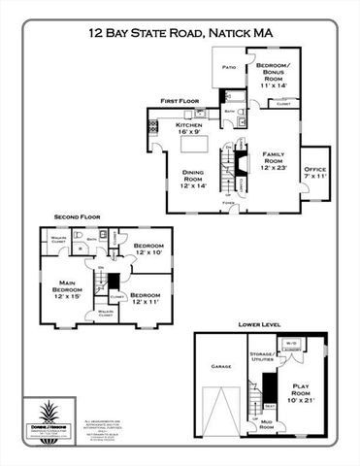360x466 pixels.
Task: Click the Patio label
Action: [x=229, y=67]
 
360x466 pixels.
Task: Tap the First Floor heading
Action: [x=180, y=100]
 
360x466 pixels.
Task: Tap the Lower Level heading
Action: [x=259, y=324]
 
